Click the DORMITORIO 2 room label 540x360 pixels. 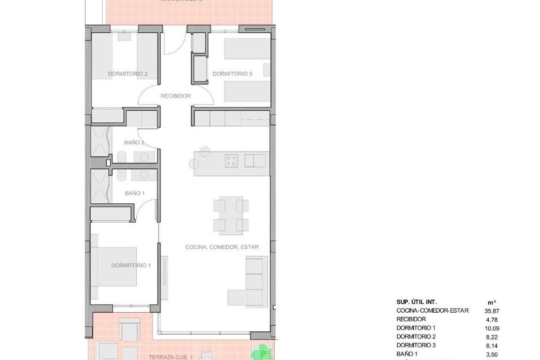128,74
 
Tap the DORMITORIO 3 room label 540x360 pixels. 232,74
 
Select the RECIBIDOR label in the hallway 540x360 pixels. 175,96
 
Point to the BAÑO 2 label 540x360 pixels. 134,143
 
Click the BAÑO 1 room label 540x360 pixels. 135,193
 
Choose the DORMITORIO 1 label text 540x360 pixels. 130,265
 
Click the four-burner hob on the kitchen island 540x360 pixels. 231,160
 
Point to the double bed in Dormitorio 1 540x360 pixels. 114,266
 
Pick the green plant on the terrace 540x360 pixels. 261,351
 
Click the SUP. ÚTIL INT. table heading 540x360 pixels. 416,302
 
